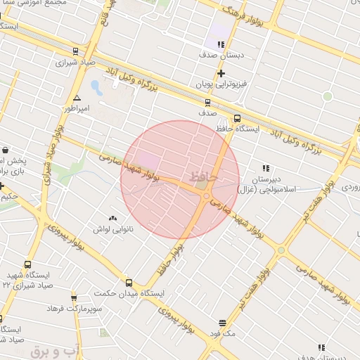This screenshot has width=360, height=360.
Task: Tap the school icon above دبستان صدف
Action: pyautogui.click(x=221, y=44)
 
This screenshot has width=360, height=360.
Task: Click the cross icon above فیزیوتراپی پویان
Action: pyautogui.click(x=221, y=73)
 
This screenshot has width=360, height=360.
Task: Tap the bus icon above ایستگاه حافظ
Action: pyautogui.click(x=237, y=119)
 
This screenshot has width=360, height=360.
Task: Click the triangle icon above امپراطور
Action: pyautogui.click(x=77, y=98)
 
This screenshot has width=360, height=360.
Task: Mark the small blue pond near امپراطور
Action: pyautogui.click(x=96, y=89)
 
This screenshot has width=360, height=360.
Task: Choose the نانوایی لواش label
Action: pyautogui.click(x=112, y=229)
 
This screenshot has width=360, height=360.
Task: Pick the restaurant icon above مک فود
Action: pyautogui.click(x=223, y=323)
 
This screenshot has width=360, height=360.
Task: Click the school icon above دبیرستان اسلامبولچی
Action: pyautogui.click(x=265, y=168)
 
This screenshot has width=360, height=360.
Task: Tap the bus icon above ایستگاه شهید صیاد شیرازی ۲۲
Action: pyautogui.click(x=27, y=265)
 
